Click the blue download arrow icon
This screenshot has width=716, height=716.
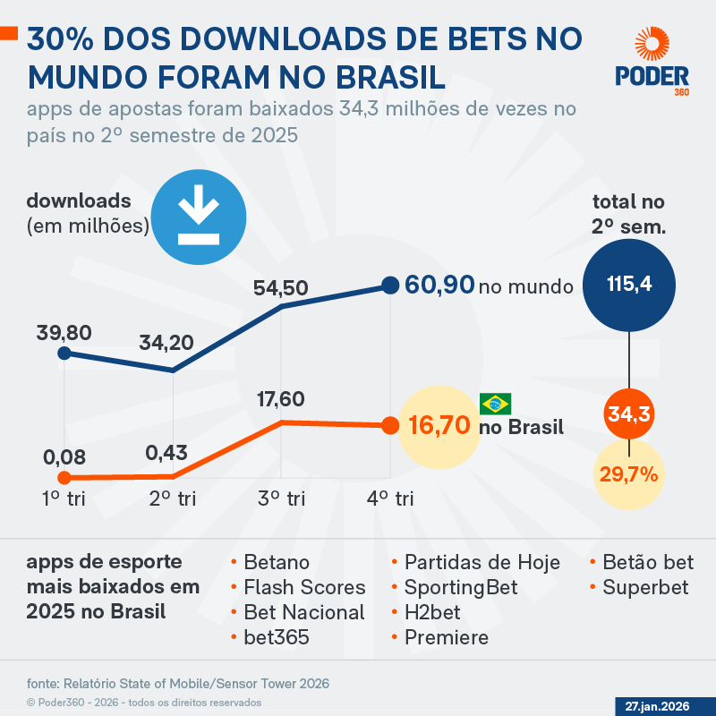click(197, 214)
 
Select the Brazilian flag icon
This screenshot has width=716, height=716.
click(495, 403)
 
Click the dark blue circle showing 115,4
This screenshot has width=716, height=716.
click(629, 285)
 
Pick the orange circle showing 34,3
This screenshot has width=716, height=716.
click(629, 413)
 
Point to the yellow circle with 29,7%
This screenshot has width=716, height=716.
click(629, 473)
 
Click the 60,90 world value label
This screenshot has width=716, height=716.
click(439, 286)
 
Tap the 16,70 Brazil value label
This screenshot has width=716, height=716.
click(439, 425)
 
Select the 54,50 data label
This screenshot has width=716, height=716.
click(281, 288)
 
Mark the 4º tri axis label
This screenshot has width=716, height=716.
click(390, 499)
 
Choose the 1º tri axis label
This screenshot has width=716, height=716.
click(64, 499)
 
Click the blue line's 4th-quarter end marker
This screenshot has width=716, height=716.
click(389, 286)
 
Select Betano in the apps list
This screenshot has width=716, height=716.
click(276, 562)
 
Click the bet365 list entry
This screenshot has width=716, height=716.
click(276, 637)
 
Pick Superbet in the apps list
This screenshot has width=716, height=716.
click(644, 587)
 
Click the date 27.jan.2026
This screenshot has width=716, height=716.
click(657, 706)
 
